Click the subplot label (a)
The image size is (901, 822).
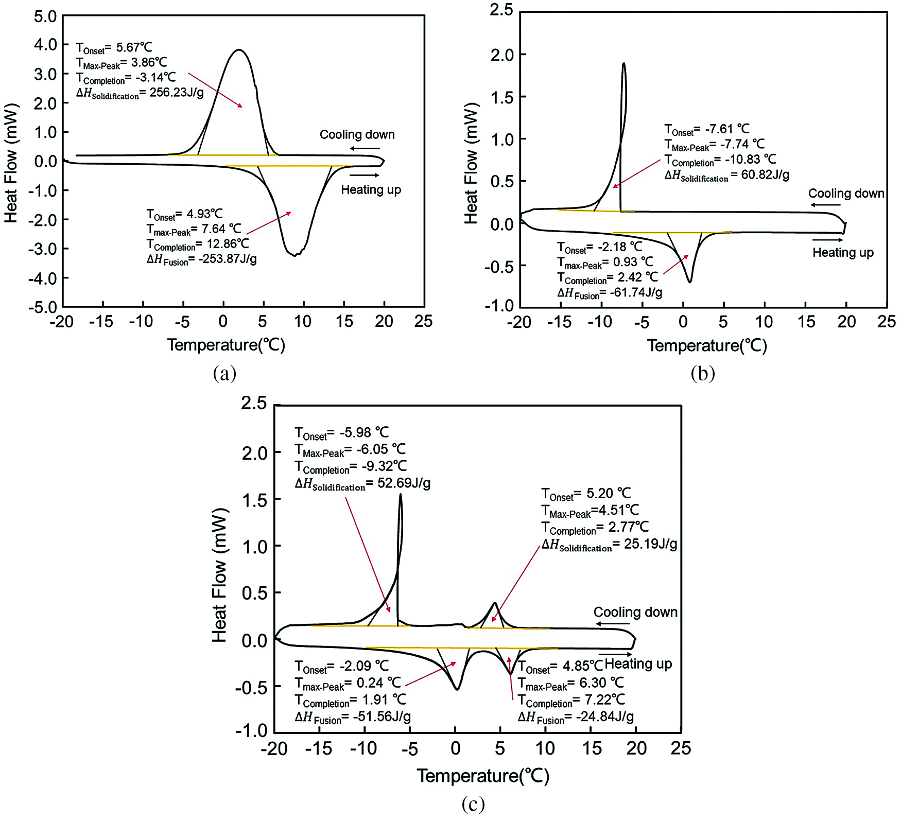point(224,373)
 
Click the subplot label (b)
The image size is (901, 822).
point(703,373)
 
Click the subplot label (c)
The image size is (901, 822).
point(473,803)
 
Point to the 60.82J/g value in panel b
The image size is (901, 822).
point(765,175)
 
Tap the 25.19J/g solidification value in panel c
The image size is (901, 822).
point(651,544)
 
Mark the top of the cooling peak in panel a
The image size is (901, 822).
point(238,50)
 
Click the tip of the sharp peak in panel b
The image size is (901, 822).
point(623,64)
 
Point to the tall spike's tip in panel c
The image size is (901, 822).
point(400,495)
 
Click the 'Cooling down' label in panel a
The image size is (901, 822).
point(357,135)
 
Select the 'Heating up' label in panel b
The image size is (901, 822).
point(843,253)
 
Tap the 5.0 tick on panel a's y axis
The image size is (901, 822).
point(45,16)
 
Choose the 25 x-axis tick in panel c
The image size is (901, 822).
point(681,748)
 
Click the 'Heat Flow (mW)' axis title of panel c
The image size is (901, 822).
point(219,575)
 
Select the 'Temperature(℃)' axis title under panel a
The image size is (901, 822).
point(226,345)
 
